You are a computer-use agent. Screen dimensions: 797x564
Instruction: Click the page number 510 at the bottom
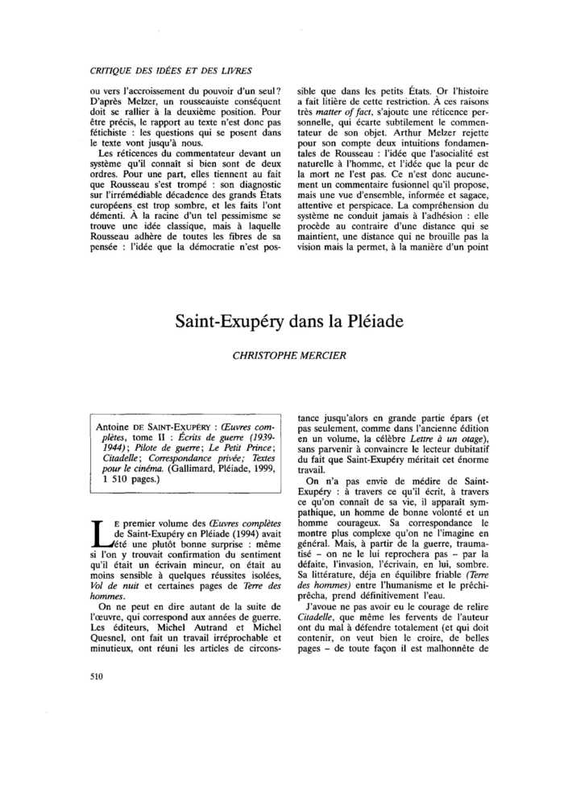pos(99,677)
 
